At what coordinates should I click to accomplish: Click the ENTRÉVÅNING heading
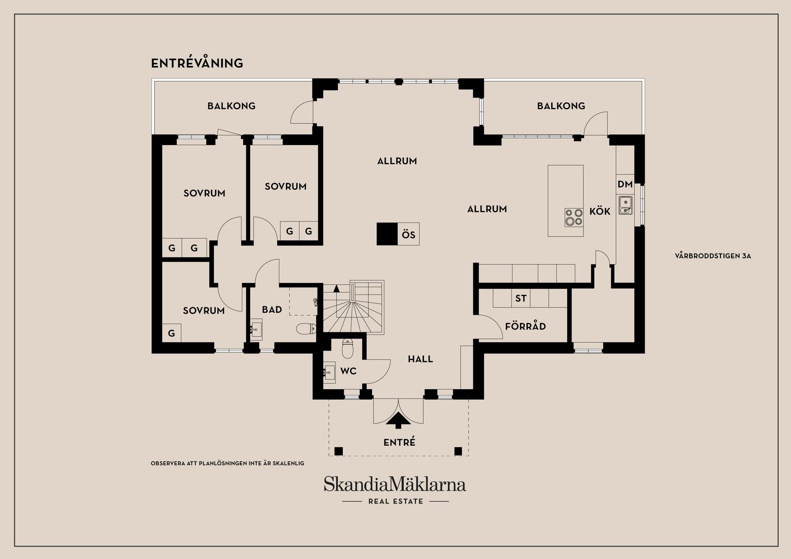click(x=197, y=63)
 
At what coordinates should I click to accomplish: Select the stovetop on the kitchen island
click(x=574, y=218)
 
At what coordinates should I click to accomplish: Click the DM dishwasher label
click(x=625, y=185)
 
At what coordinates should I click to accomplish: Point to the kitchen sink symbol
click(x=625, y=206)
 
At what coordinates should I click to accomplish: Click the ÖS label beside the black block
click(x=409, y=235)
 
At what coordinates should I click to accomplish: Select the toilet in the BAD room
click(x=306, y=329)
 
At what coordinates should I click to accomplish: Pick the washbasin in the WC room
click(x=330, y=373)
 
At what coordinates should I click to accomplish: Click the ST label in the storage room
click(x=521, y=298)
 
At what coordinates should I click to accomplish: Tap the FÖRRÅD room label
click(x=525, y=327)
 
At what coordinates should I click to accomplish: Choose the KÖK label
click(x=600, y=211)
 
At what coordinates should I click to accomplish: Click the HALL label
click(x=420, y=359)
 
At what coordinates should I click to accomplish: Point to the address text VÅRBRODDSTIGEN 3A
click(x=713, y=256)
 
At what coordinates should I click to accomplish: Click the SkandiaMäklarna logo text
click(x=395, y=484)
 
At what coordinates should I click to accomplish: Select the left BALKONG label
click(x=232, y=106)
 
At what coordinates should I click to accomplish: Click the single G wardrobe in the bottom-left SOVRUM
click(x=171, y=333)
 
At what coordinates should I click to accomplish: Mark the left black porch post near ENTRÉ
click(x=338, y=451)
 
